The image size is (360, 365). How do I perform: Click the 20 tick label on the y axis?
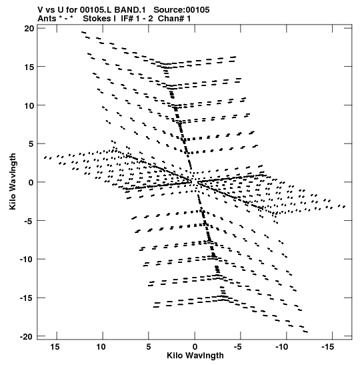point(29,29)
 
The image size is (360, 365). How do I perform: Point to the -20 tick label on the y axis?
point(27,336)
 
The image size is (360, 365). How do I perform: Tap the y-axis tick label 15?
point(29,67)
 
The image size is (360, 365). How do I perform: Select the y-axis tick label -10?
point(27,259)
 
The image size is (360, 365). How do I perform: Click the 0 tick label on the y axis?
point(31,182)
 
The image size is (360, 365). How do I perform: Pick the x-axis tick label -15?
point(328,347)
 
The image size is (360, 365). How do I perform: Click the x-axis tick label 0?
point(195,347)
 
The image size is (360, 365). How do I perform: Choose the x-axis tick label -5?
point(238,347)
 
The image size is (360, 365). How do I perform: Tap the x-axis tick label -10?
point(282,347)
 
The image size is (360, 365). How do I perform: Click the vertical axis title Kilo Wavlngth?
point(13,181)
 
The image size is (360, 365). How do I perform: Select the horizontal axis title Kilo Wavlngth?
point(195,356)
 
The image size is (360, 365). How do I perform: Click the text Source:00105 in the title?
point(181,10)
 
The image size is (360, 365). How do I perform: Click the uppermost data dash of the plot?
point(84,32)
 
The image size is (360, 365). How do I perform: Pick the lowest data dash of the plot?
point(305,332)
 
